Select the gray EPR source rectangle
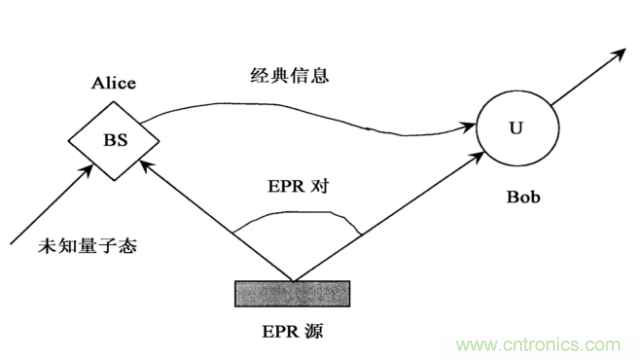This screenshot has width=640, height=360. coord(292,293)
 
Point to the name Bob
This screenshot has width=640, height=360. coord(520,198)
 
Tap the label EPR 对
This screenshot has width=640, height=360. coord(295,187)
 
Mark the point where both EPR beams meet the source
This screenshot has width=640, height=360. coord(292,280)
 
